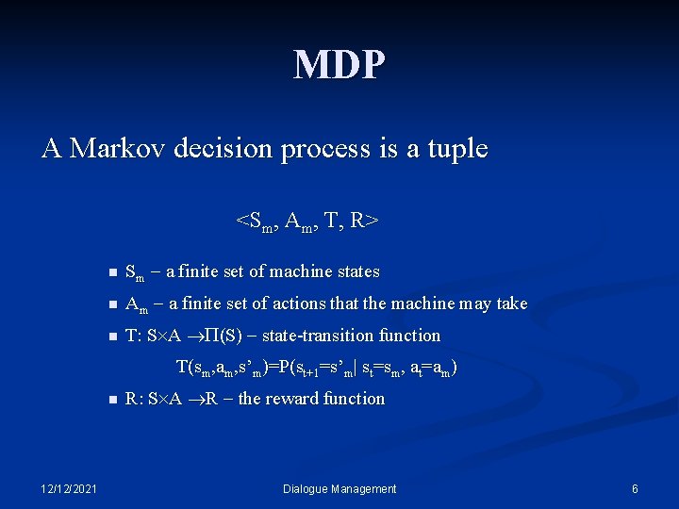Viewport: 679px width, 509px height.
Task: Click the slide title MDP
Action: [339, 65]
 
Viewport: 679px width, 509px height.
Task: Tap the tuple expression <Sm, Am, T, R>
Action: [308, 222]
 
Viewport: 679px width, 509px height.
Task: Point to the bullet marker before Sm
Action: [110, 273]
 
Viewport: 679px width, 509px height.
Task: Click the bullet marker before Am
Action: [110, 305]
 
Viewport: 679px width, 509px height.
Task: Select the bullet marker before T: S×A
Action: [110, 337]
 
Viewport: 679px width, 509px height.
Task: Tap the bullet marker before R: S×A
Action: [110, 400]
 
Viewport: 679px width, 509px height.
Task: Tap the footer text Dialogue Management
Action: [340, 488]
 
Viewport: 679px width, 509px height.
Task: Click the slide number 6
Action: [635, 488]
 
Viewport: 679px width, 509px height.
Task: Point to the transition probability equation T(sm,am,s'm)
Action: [318, 368]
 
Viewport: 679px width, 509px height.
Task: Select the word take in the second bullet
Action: [511, 304]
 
